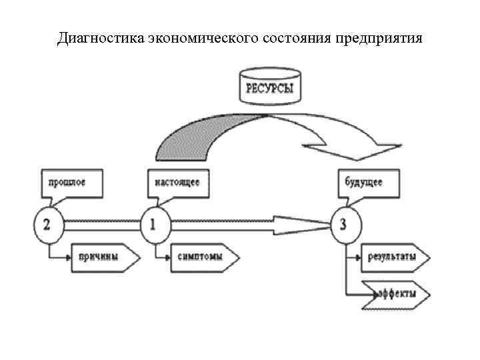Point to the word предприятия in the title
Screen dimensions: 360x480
(x=380, y=37)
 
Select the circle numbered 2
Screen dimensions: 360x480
(x=47, y=224)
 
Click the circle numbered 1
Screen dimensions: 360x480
(x=154, y=224)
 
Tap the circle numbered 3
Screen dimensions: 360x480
(x=344, y=224)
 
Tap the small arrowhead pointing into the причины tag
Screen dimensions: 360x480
(x=69, y=257)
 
